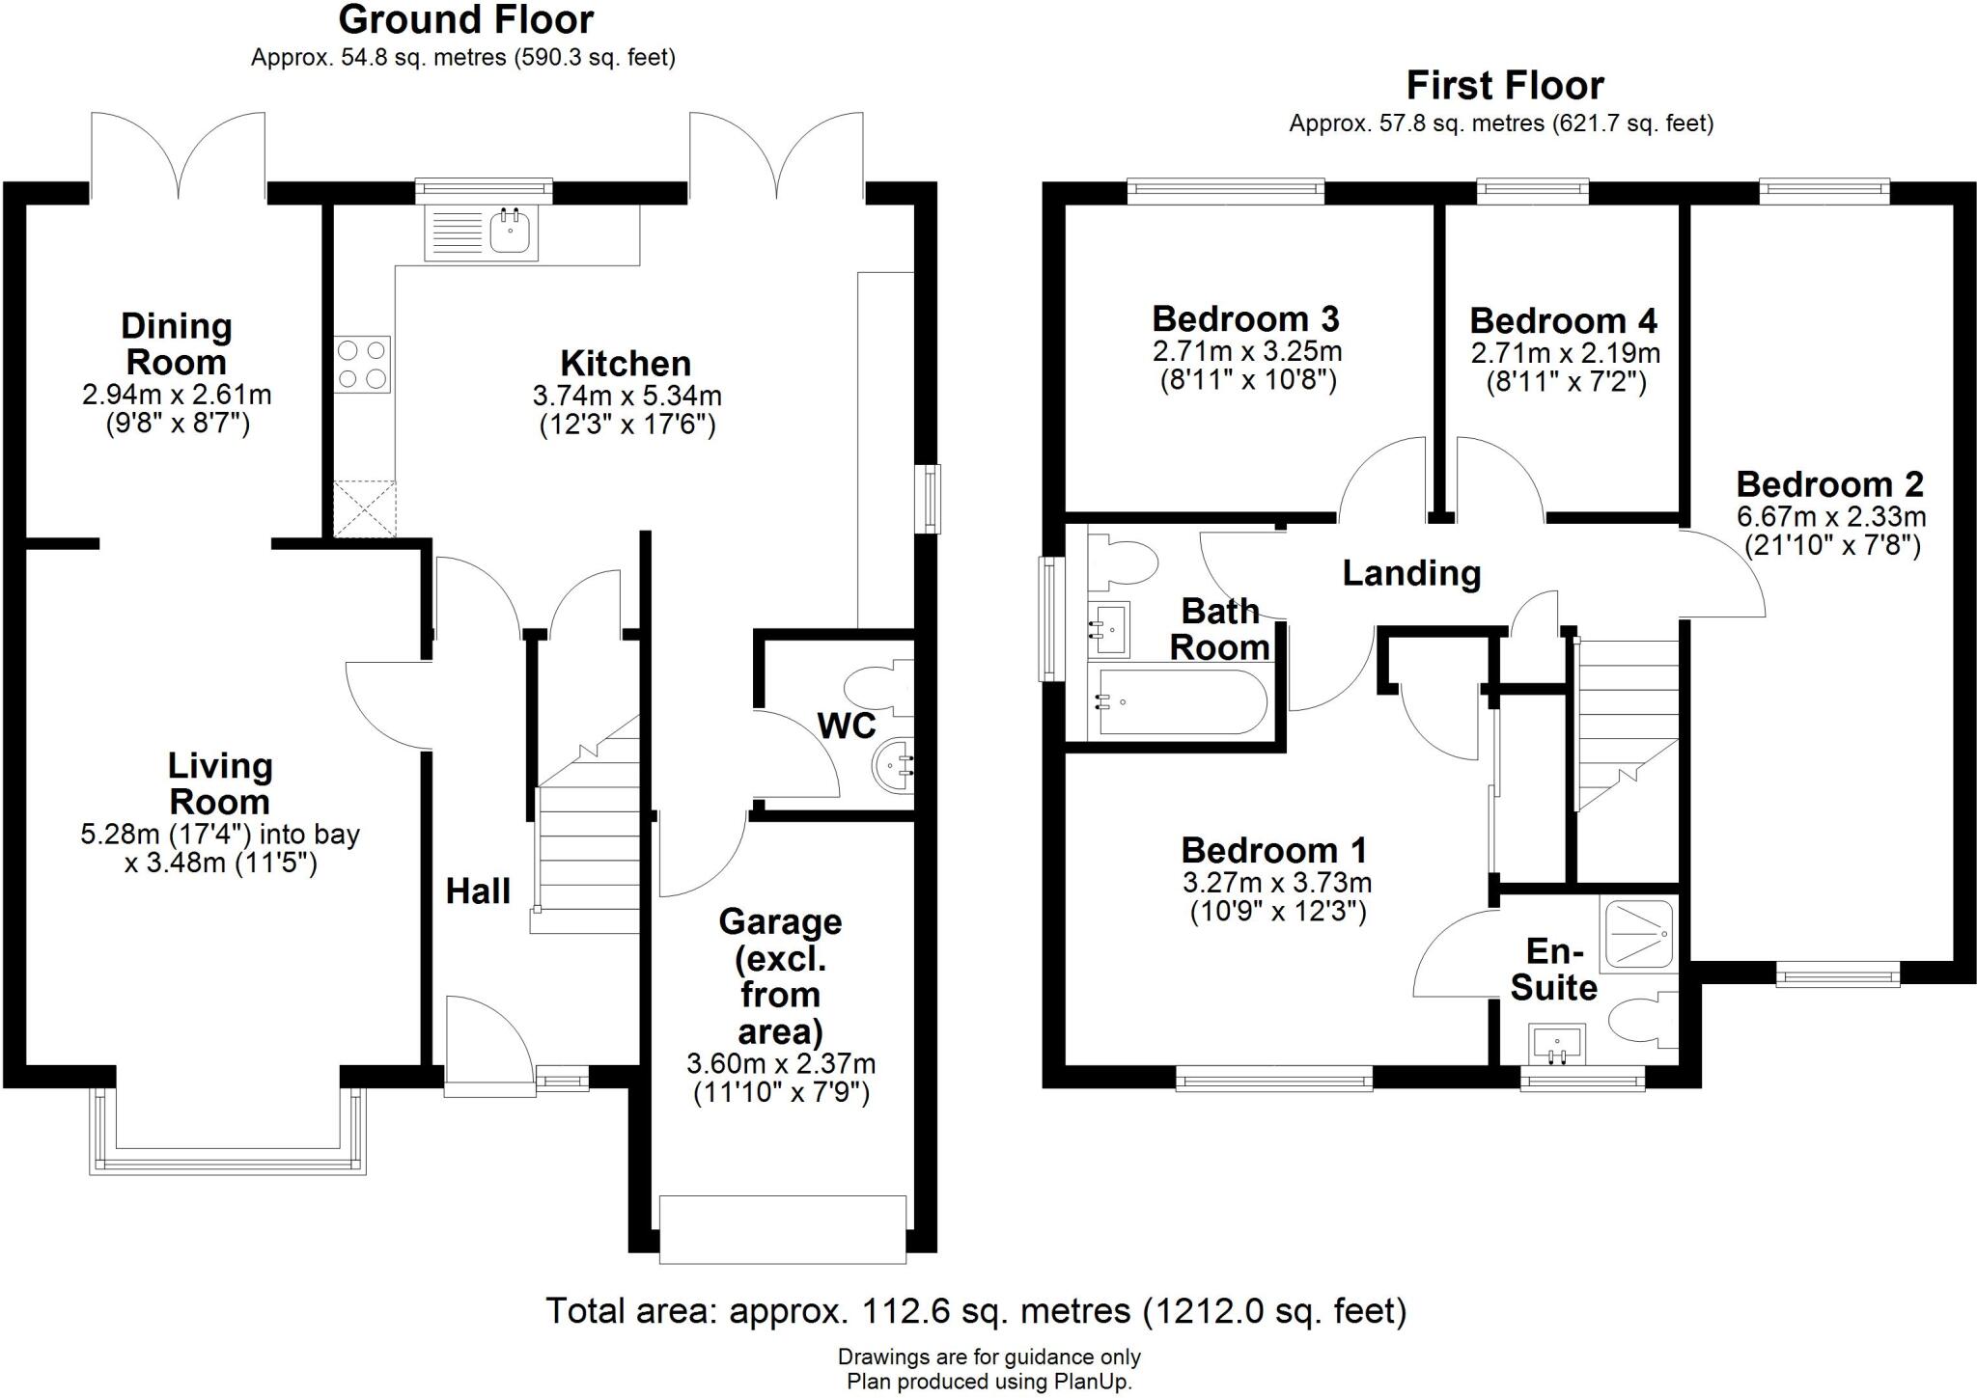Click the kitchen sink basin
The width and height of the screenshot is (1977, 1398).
(513, 232)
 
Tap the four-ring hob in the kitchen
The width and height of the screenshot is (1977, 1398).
(363, 364)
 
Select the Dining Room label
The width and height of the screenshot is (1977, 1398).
(177, 344)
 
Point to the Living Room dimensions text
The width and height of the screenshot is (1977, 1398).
(220, 848)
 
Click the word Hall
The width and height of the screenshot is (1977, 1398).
(478, 891)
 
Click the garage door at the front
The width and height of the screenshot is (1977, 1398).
(782, 1228)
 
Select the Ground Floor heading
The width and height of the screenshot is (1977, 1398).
(465, 19)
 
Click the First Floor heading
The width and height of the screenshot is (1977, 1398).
(1504, 86)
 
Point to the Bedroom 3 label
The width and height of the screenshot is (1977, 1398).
(1245, 318)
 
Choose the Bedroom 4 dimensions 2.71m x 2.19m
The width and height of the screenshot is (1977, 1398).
(1564, 353)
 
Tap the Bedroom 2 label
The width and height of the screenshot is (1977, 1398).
(1829, 483)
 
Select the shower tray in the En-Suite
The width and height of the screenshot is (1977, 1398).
(1637, 935)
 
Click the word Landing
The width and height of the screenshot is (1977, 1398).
(1411, 573)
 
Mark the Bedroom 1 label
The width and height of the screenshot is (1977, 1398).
(1274, 850)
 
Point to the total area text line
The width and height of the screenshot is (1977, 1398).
(976, 1311)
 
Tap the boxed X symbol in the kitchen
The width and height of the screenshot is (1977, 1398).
(364, 508)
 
